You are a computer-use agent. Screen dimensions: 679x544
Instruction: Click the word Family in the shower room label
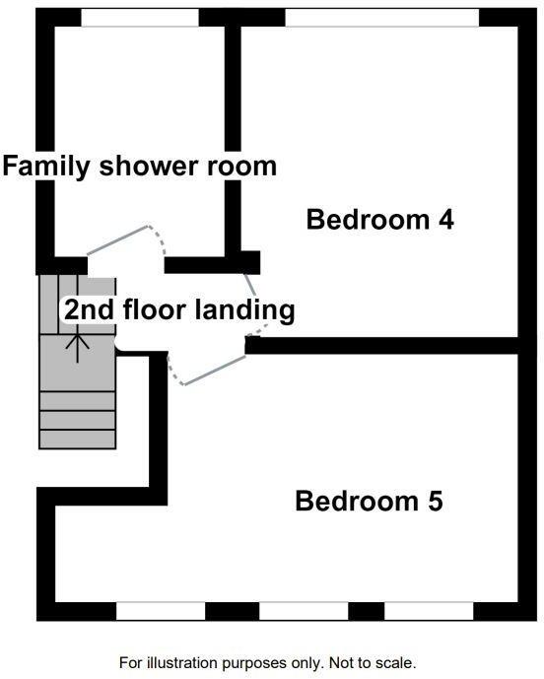[47, 166]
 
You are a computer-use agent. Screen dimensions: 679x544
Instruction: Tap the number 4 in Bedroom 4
[444, 219]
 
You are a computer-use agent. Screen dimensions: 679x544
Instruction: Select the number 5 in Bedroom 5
[434, 502]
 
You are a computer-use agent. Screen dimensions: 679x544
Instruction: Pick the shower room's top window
[139, 18]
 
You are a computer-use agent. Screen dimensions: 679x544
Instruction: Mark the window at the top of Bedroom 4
[381, 18]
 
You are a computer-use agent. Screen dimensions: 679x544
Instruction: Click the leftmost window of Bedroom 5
[160, 611]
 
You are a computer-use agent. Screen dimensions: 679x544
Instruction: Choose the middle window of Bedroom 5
[304, 611]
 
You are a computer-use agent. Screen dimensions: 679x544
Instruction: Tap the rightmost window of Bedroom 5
[429, 611]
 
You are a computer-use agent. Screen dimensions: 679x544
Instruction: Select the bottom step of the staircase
[77, 441]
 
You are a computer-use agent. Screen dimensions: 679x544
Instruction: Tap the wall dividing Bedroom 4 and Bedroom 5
[384, 345]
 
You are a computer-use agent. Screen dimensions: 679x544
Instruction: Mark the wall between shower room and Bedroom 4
[234, 138]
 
